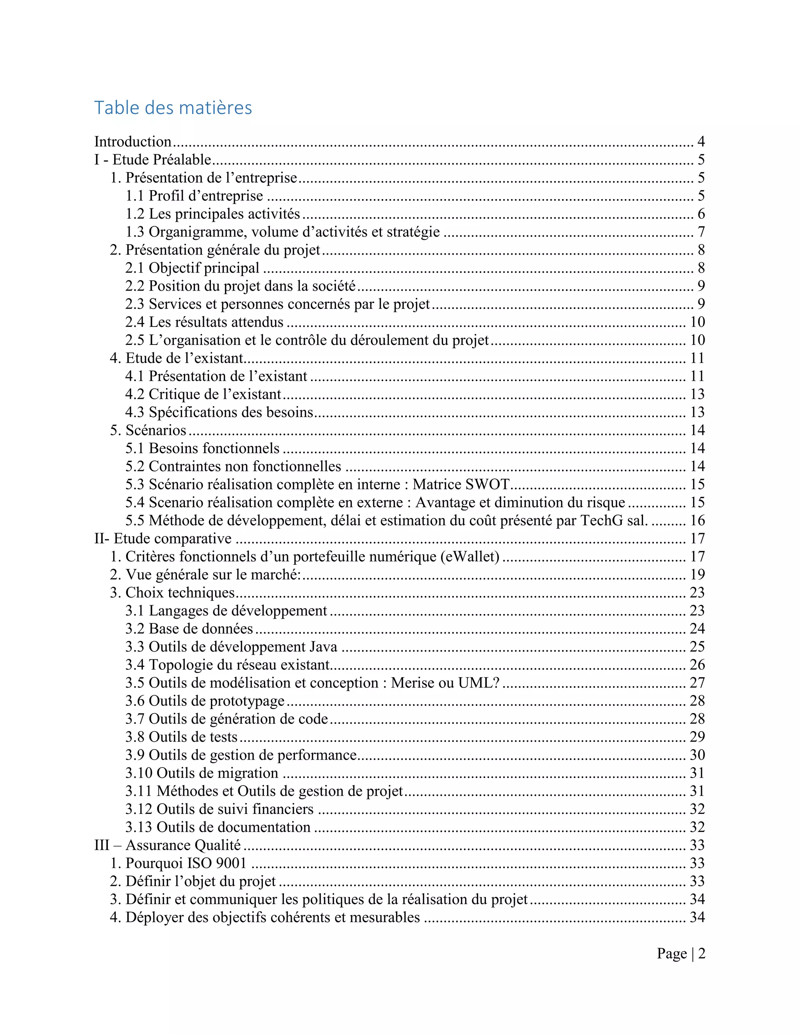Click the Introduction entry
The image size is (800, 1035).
[x=133, y=142]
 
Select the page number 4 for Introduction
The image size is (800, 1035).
[x=700, y=142]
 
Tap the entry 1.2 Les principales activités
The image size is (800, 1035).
[x=212, y=214]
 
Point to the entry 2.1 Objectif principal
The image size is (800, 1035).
[x=192, y=268]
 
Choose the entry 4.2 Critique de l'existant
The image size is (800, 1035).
[x=203, y=394]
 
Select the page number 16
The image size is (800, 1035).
[x=697, y=520]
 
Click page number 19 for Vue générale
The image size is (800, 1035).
[x=697, y=575]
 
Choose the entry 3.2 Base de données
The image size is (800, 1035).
[x=189, y=629]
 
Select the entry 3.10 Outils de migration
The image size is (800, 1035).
[x=202, y=773]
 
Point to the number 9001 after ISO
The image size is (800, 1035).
[x=231, y=863]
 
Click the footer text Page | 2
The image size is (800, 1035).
[x=680, y=953]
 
